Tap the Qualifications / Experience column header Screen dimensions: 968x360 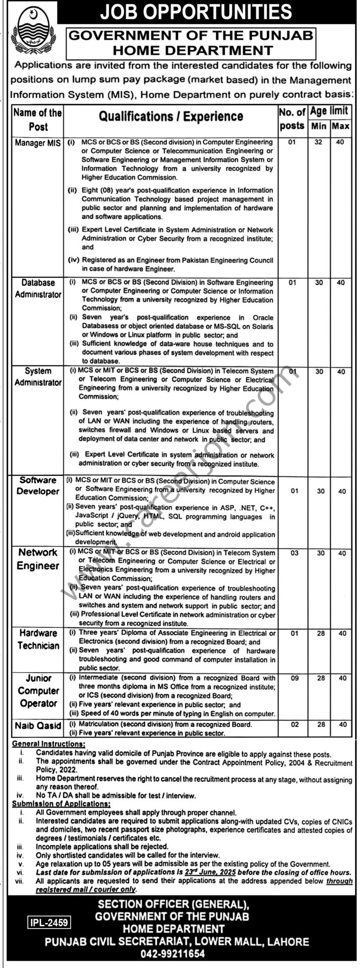click(x=171, y=117)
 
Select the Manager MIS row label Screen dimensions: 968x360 click(x=38, y=143)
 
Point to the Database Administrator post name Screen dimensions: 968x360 click(x=38, y=288)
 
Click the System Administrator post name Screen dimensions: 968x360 click(x=38, y=377)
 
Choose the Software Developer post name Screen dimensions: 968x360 click(x=38, y=485)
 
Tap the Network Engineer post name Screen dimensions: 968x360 click(x=38, y=559)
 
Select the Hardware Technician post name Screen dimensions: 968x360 click(x=38, y=639)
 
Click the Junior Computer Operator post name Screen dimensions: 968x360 click(x=38, y=691)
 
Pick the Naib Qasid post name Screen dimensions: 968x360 click(x=38, y=726)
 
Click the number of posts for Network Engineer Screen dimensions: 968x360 click(x=294, y=553)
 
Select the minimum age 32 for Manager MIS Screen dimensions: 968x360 click(x=319, y=142)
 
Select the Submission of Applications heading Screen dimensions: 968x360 click(x=61, y=804)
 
